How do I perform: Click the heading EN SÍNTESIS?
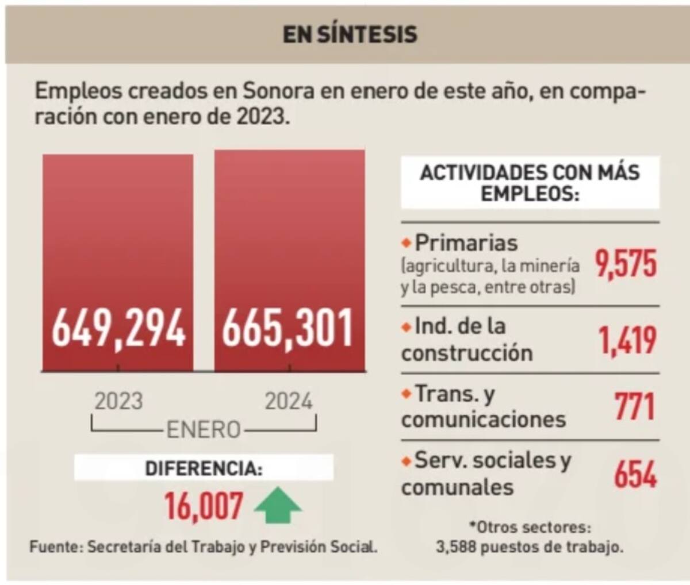(x=350, y=34)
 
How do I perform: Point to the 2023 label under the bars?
(x=118, y=401)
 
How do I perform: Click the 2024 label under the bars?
(x=289, y=401)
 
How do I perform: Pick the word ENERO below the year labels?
(x=204, y=429)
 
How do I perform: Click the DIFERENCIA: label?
(x=204, y=468)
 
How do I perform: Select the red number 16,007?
(x=204, y=506)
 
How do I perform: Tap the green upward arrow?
(x=278, y=506)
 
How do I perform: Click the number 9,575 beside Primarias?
(x=626, y=265)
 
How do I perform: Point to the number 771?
(x=635, y=407)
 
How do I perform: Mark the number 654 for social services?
(x=635, y=474)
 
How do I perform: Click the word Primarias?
(x=466, y=243)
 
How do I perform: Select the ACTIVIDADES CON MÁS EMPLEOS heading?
(x=530, y=182)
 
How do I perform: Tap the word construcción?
(x=467, y=353)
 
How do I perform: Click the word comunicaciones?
(x=484, y=419)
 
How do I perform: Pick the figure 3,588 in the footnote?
(x=456, y=546)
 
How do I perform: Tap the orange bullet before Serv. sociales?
(x=407, y=461)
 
